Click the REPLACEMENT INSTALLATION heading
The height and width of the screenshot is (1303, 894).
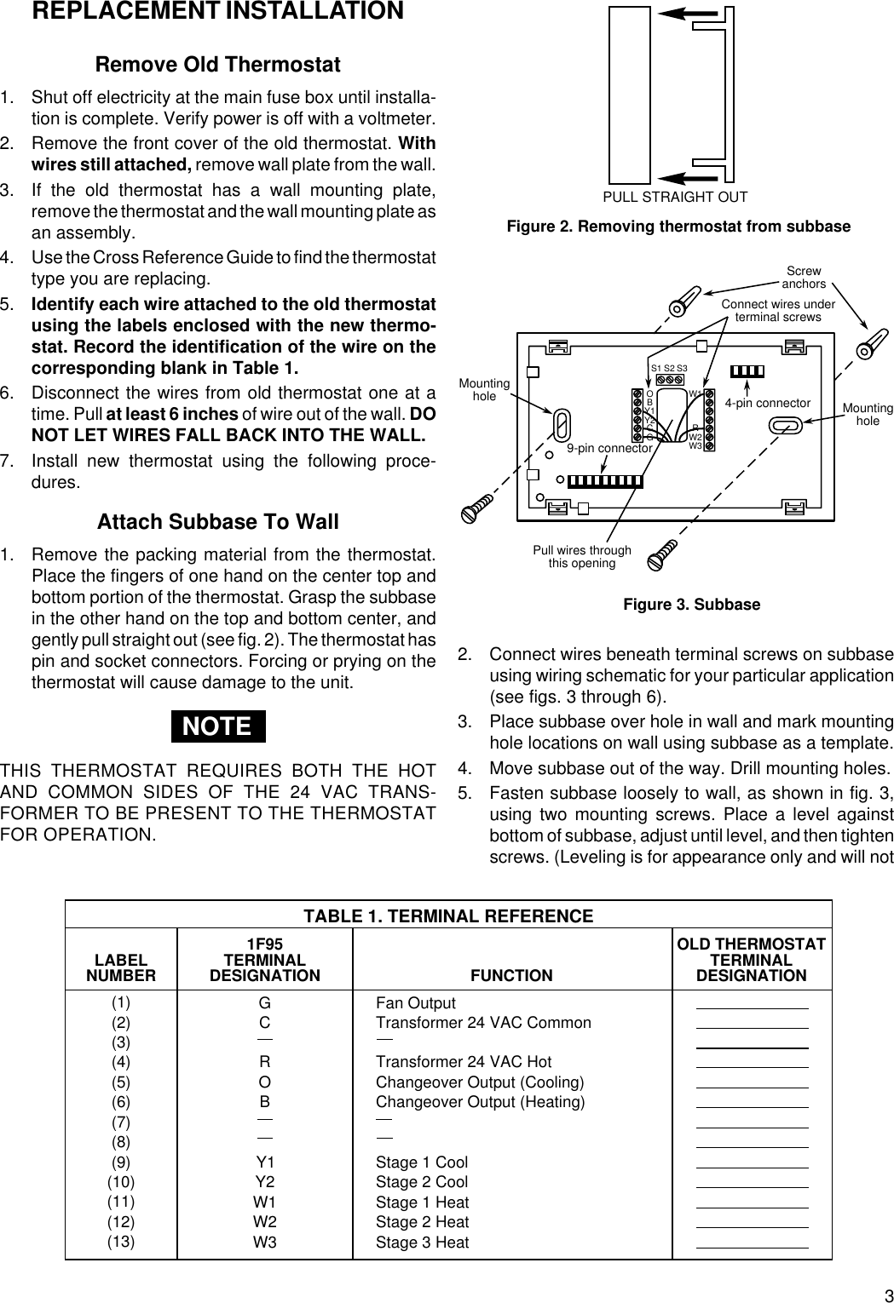pos(217,12)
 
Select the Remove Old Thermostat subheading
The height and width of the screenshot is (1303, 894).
pos(218,65)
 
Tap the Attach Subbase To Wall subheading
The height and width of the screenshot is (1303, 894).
pos(218,521)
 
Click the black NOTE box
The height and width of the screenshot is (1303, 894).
pos(218,726)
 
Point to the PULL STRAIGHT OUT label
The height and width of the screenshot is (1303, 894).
pos(675,197)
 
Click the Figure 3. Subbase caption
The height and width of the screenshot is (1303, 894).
pos(691,605)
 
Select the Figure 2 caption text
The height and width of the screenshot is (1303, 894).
pos(678,227)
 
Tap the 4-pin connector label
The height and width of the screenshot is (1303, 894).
pos(767,403)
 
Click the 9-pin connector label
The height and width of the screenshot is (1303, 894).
pos(609,448)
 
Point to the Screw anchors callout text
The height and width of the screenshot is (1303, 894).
pos(803,278)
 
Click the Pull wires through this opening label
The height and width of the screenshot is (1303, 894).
pos(582,557)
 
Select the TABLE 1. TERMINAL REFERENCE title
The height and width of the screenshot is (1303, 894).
pos(449,916)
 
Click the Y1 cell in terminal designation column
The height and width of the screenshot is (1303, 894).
pos(265,1162)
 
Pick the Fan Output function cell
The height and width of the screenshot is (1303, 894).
pos(416,1003)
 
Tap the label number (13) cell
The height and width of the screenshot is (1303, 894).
pos(121,1242)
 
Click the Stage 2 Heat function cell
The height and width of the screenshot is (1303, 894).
pos(423,1222)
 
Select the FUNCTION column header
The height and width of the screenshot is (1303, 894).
pos(511,975)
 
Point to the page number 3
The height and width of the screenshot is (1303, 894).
pos(885,1289)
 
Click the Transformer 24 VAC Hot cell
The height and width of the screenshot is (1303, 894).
pos(464,1062)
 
